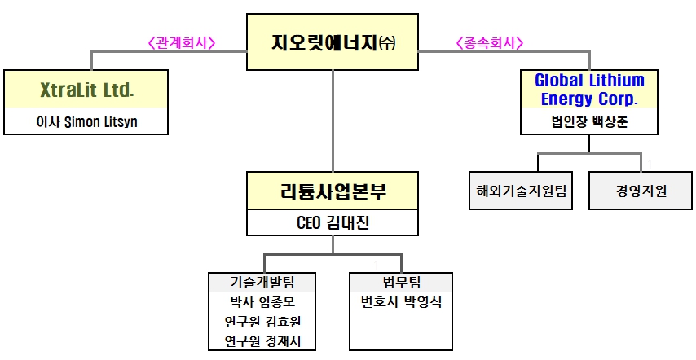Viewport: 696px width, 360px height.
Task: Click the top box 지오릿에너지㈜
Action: [333, 42]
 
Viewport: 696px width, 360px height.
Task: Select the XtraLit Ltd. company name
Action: [86, 90]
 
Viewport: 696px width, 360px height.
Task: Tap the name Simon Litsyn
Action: [103, 122]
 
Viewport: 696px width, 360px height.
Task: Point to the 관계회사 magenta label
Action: [182, 42]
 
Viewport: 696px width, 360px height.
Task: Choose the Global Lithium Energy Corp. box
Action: [589, 90]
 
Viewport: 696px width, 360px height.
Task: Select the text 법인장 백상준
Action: [589, 122]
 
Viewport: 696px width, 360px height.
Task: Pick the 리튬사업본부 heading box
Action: [333, 192]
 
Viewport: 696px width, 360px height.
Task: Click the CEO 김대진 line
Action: [333, 222]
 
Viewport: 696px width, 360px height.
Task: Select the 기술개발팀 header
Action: [262, 282]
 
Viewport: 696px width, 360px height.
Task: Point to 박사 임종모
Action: [262, 301]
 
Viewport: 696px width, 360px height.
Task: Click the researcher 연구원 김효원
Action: [262, 322]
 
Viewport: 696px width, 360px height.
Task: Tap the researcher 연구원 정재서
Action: [262, 341]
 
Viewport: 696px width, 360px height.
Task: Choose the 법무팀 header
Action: [401, 282]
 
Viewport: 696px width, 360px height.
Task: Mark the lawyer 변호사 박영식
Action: [401, 301]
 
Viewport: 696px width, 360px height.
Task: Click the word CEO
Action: [311, 222]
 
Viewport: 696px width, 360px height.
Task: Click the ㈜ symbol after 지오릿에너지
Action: [386, 43]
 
